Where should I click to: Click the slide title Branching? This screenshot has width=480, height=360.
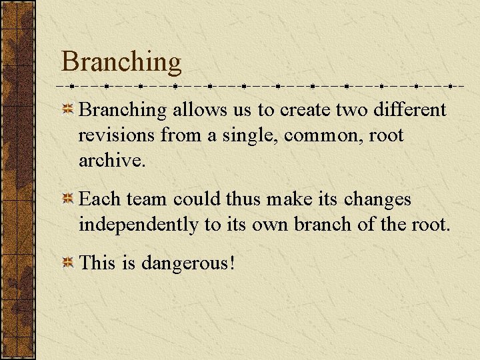click(x=121, y=62)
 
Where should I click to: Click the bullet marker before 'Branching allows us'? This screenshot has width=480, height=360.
click(x=67, y=110)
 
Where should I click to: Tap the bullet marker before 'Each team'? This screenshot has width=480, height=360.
click(x=67, y=200)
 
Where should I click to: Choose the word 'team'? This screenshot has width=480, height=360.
click(x=147, y=199)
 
